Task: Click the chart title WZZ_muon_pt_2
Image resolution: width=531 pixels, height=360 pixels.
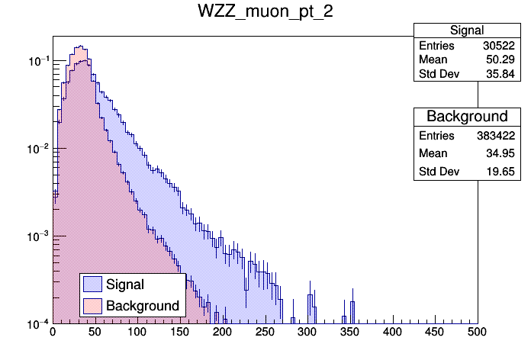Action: pos(265,12)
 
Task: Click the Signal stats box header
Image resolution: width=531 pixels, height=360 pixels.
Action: pos(466,31)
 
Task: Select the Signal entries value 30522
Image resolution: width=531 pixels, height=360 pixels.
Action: pos(500,46)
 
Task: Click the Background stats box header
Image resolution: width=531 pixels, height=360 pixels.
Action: pos(466,117)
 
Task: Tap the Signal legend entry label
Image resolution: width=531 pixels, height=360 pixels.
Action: pos(126,284)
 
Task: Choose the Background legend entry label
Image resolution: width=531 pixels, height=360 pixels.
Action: pos(143,306)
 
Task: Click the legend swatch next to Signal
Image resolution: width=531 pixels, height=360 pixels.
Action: pos(93,284)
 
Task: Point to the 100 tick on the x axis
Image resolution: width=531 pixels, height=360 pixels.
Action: pos(137,332)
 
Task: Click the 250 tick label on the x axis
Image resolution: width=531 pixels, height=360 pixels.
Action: pos(265,332)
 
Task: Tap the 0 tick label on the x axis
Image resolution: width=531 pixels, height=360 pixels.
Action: pos(53,332)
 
